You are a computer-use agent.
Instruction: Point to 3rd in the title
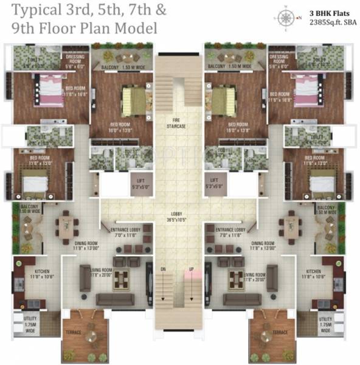(81, 10)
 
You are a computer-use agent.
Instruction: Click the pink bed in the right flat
(302, 85)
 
